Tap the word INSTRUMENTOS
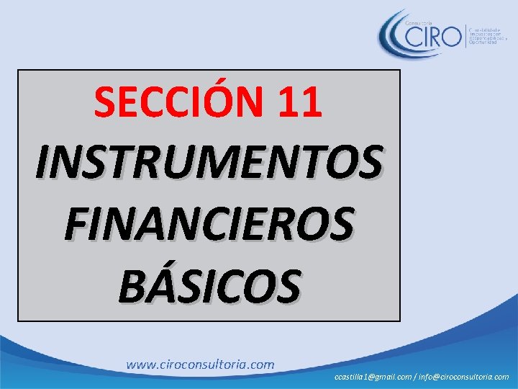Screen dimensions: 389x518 pos(209,163)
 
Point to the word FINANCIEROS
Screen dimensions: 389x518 pos(209,223)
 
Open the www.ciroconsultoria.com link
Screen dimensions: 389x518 pos(200,365)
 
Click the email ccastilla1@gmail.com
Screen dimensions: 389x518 pos(372,377)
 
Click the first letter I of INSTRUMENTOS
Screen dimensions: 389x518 pos(42,163)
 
